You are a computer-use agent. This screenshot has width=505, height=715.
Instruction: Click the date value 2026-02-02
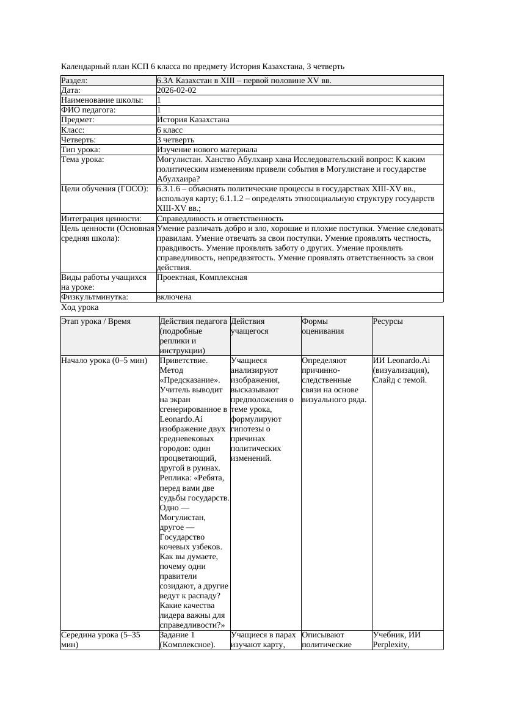(x=176, y=90)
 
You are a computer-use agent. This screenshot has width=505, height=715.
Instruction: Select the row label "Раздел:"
(x=74, y=81)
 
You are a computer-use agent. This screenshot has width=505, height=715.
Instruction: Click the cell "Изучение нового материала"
(x=207, y=150)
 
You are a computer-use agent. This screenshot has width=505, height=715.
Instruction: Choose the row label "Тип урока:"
(x=81, y=150)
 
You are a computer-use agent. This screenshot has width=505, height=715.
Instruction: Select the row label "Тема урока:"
(x=82, y=159)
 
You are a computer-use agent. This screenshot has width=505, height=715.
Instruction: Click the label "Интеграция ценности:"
(x=101, y=218)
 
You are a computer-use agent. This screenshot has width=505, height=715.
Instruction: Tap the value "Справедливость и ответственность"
(x=220, y=218)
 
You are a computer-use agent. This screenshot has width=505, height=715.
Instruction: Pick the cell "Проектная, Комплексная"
(x=202, y=277)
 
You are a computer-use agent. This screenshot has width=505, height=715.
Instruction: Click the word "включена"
(x=174, y=297)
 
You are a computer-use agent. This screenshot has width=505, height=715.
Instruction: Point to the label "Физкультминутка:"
(x=95, y=297)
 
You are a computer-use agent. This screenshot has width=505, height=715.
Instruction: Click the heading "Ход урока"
(x=80, y=308)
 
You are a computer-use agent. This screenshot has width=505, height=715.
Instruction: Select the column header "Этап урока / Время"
(x=96, y=321)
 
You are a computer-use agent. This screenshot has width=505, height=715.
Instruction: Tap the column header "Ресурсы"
(x=388, y=321)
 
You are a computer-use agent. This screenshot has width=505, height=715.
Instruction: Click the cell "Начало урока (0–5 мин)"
(x=104, y=361)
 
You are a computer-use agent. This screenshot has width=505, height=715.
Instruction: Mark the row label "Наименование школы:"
(x=103, y=100)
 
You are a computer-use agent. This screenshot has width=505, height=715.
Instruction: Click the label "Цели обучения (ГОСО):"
(x=104, y=189)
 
